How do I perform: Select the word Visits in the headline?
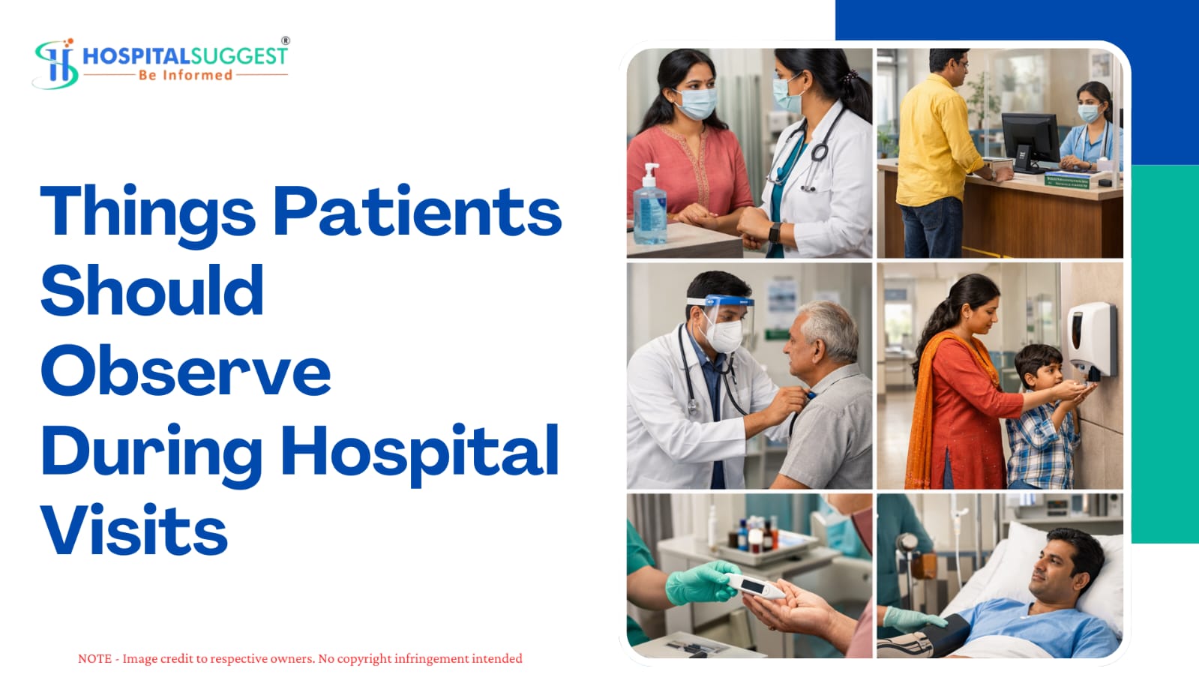point(133,529)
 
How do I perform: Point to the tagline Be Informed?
point(186,75)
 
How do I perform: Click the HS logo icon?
point(55,63)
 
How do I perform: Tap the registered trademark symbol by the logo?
point(286,40)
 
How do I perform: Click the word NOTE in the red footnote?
point(94,658)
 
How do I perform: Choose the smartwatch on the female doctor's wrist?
point(775,233)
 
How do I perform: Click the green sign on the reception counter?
point(1067,181)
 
